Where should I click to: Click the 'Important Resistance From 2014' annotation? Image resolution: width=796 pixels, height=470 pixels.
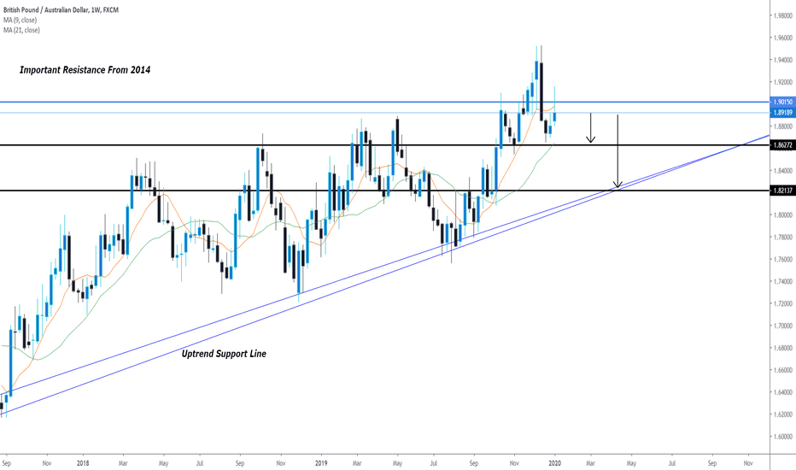[85, 70]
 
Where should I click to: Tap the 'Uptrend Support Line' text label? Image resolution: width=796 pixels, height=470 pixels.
[225, 353]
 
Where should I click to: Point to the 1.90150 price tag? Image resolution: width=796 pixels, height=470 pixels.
[781, 102]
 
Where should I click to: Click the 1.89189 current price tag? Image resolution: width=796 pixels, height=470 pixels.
[781, 113]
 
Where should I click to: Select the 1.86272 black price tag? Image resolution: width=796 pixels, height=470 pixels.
[781, 145]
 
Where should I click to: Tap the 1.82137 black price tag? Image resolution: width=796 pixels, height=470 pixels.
[781, 191]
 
